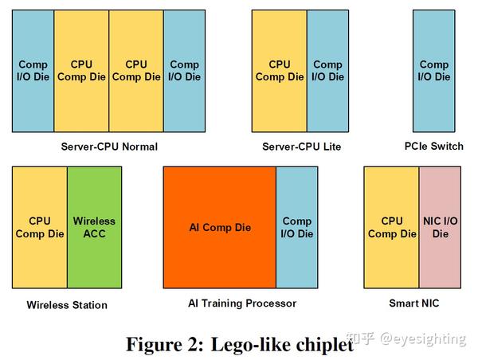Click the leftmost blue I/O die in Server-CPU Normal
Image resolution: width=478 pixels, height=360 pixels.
pyautogui.click(x=33, y=70)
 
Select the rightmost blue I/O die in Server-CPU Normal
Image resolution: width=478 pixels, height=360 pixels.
pyautogui.click(x=184, y=70)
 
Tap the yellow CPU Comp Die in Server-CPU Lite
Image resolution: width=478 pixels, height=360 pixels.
pyautogui.click(x=279, y=70)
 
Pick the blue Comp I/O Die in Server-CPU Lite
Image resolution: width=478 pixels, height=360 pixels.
pyautogui.click(x=327, y=70)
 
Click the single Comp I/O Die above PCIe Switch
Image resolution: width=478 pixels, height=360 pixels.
pyautogui.click(x=434, y=70)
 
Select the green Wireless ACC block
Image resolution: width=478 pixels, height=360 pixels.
pyautogui.click(x=94, y=227)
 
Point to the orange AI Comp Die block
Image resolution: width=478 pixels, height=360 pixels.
pyautogui.click(x=219, y=227)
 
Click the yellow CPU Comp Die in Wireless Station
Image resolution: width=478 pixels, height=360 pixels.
pyautogui.click(x=39, y=227)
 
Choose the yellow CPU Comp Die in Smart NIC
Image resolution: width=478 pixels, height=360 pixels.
pyautogui.click(x=391, y=227)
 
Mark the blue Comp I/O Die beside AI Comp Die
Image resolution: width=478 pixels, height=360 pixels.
pyautogui.click(x=297, y=227)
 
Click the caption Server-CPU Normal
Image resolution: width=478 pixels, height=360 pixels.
pyautogui.click(x=109, y=147)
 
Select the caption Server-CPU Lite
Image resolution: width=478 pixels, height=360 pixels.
pyautogui.click(x=301, y=147)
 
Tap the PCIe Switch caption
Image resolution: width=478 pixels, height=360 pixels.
pyautogui.click(x=434, y=147)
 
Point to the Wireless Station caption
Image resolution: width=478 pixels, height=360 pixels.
pyautogui.click(x=67, y=305)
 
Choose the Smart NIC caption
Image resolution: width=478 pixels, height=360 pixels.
pyautogui.click(x=413, y=303)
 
